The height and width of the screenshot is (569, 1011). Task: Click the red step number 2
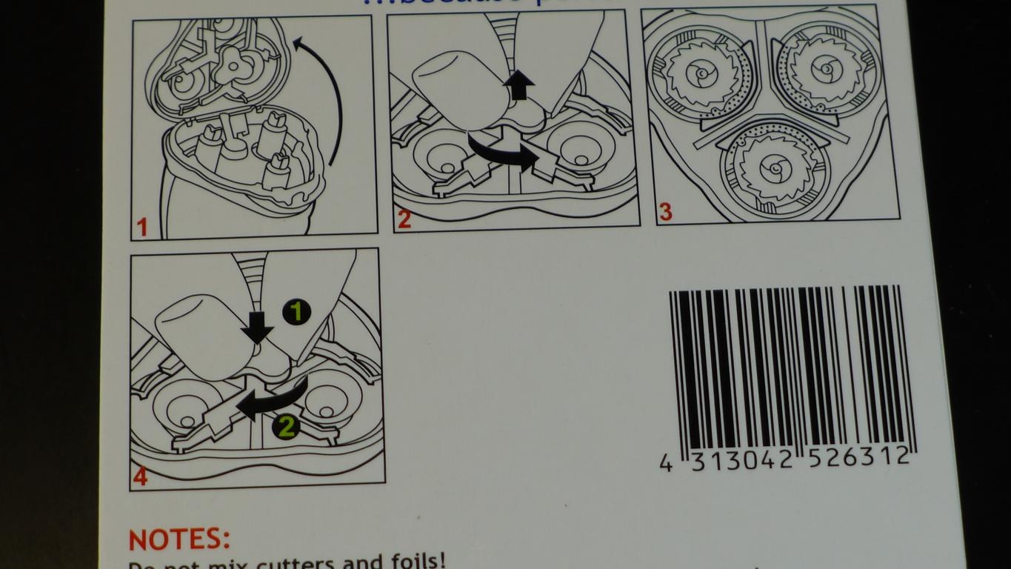pyautogui.click(x=404, y=219)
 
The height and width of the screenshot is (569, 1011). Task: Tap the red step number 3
pyautogui.click(x=665, y=212)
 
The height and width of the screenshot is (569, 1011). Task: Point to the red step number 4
pyautogui.click(x=140, y=476)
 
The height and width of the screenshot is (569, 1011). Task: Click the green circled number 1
pyautogui.click(x=296, y=312)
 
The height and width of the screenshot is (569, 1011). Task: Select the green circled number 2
pyautogui.click(x=285, y=427)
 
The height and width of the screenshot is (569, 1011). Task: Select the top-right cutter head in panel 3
pyautogui.click(x=824, y=70)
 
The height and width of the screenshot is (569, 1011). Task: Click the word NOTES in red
pyautogui.click(x=179, y=539)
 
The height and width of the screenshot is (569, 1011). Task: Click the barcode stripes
pyautogui.click(x=790, y=367)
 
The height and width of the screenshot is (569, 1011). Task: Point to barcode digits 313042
pyautogui.click(x=741, y=460)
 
